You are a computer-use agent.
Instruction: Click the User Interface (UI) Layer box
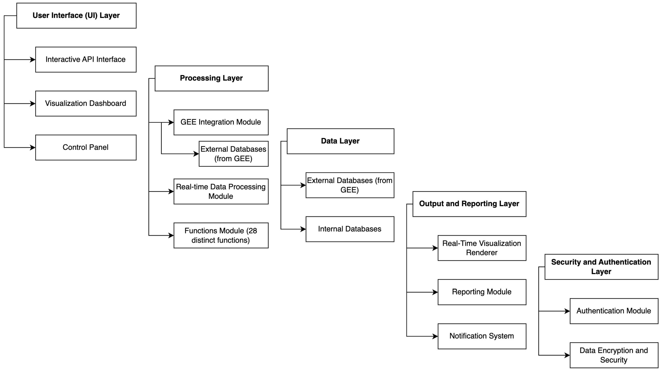76,16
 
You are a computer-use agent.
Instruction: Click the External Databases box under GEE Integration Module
233,154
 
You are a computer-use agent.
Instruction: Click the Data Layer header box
340,141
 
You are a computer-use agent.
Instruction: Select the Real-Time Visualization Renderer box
482,248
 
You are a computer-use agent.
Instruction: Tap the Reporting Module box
482,292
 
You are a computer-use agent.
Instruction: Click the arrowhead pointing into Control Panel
33,148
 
